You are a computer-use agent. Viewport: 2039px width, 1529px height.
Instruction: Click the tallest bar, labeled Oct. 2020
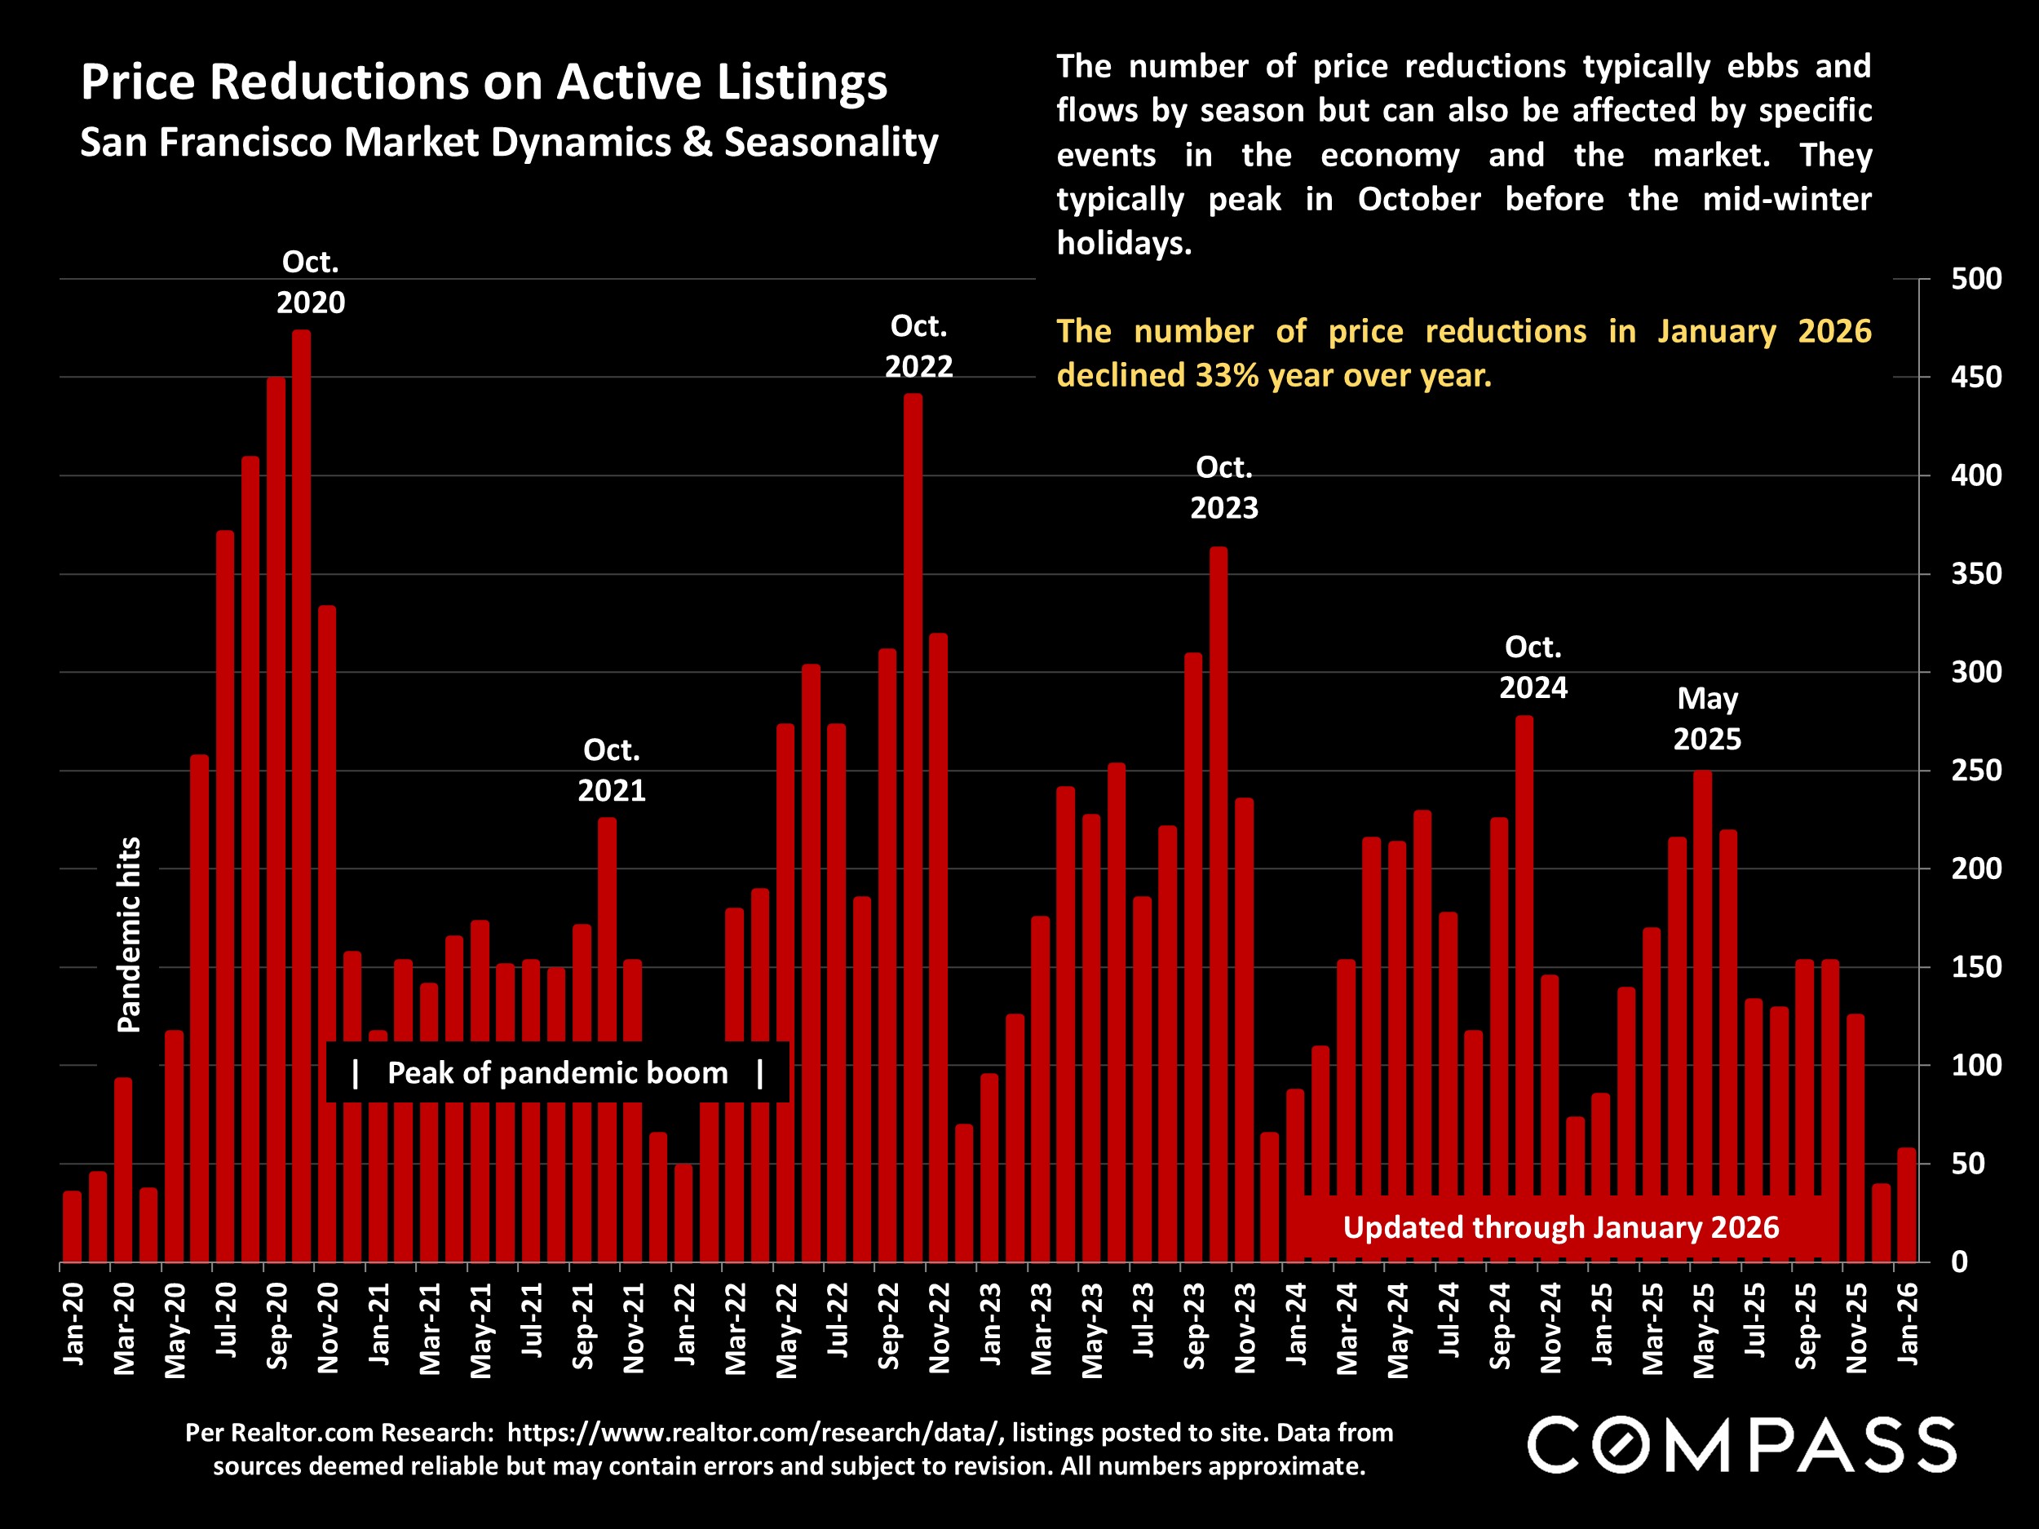pyautogui.click(x=302, y=793)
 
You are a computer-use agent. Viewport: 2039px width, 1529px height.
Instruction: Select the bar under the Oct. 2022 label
pyautogui.click(x=913, y=829)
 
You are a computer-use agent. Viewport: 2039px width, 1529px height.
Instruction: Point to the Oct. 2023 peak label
pyautogui.click(x=1224, y=488)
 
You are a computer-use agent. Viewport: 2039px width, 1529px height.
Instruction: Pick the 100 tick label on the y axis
pyautogui.click(x=1975, y=1066)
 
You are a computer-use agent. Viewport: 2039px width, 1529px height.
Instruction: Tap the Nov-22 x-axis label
pyautogui.click(x=940, y=1327)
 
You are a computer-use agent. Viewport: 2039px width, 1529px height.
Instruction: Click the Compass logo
pyautogui.click(x=1742, y=1445)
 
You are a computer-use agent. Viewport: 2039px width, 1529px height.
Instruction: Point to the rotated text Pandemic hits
pyautogui.click(x=129, y=935)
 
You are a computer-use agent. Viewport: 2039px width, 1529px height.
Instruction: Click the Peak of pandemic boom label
pyautogui.click(x=558, y=1073)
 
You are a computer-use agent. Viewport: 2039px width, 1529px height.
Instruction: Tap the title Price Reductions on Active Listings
pyautogui.click(x=483, y=82)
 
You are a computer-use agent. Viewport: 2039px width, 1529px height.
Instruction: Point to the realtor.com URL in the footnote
pyautogui.click(x=753, y=1432)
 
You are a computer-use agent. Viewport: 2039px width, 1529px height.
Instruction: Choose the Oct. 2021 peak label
pyautogui.click(x=611, y=771)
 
